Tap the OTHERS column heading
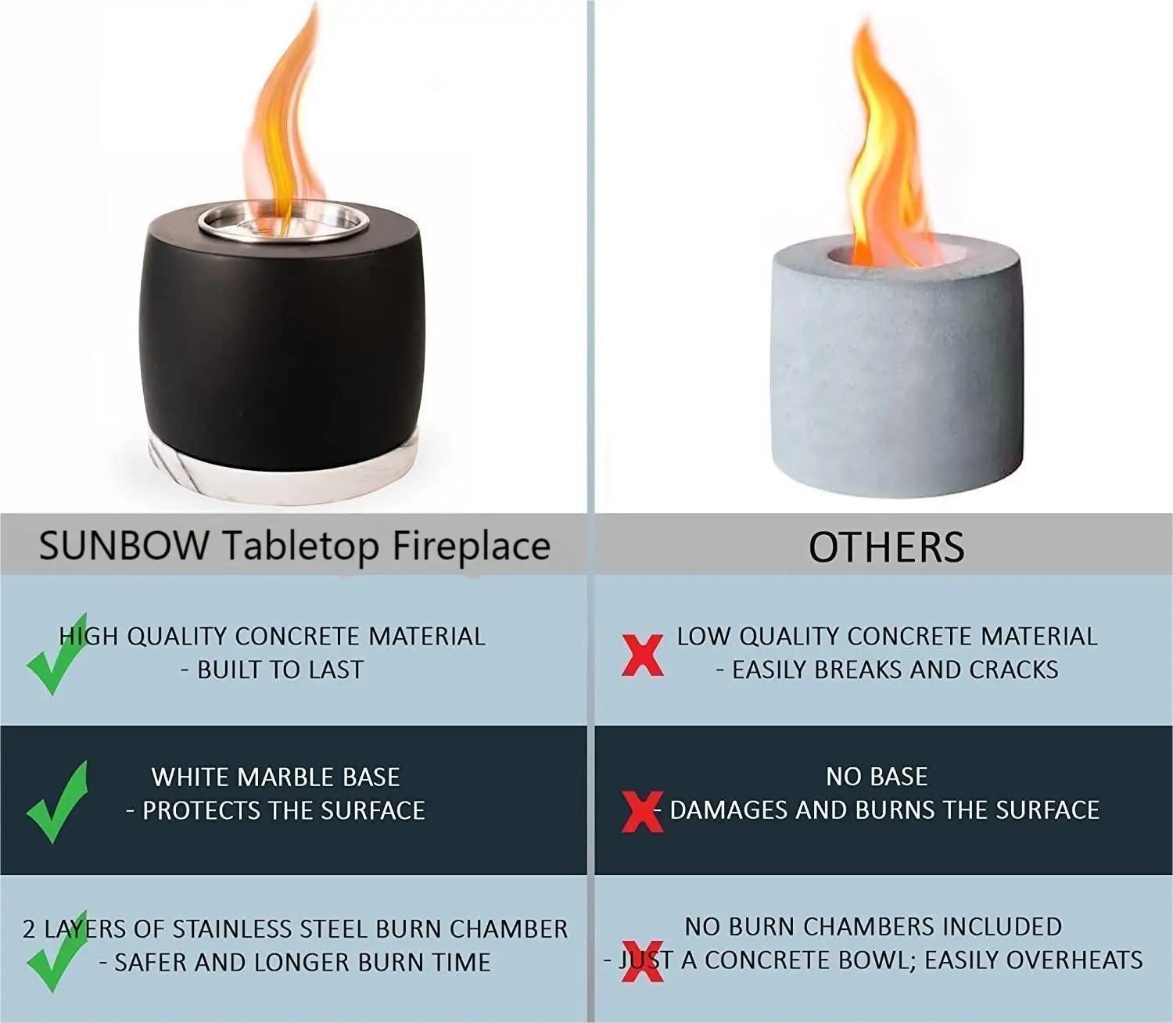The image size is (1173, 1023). point(886,547)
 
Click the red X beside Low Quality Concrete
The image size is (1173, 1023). point(642,655)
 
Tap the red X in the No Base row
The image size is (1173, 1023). point(642,811)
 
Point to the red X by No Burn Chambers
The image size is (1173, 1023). point(642,960)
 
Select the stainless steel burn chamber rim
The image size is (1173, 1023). point(283,221)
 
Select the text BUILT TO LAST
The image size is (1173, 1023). point(280,670)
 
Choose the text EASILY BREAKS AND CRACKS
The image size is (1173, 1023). point(894,670)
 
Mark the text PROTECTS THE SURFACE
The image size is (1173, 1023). point(283,811)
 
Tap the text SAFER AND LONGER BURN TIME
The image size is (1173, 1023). point(302,963)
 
